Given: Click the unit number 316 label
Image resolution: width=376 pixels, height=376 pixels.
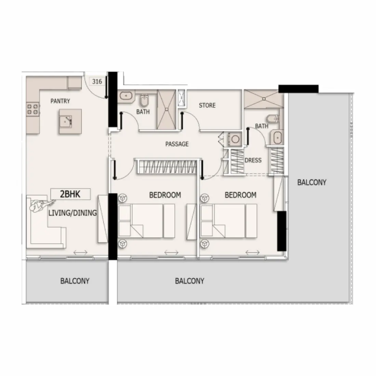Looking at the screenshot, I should tap(97, 82).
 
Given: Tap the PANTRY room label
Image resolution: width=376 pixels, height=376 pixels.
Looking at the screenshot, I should tap(60, 101).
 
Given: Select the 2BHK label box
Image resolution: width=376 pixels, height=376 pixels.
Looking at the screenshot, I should tap(70, 194).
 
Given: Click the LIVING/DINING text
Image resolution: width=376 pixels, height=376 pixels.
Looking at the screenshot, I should tap(72, 213).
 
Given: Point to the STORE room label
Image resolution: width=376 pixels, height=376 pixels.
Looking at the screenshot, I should tap(207, 105).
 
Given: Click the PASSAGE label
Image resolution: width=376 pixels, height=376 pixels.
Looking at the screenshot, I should tap(177, 144).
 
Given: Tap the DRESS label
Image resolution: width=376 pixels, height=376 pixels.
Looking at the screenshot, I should tap(253, 160).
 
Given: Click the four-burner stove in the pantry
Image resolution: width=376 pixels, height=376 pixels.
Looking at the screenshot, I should tap(33, 109).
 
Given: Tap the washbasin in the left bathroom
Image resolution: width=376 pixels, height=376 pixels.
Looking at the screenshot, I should tap(126, 96).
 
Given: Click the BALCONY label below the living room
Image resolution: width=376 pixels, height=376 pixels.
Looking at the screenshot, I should tap(75, 281).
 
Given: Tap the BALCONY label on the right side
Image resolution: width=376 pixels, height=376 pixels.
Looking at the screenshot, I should tap(311, 182).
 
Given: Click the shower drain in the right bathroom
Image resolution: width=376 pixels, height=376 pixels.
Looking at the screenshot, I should tap(264, 99).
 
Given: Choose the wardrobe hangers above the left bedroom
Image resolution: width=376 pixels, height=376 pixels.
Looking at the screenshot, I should tap(167, 167).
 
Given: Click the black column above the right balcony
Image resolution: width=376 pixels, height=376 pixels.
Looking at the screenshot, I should tap(298, 89).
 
